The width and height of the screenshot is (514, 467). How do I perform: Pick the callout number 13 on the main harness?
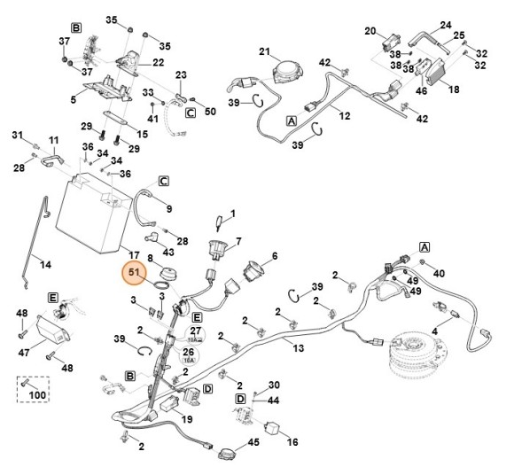(x=299, y=348)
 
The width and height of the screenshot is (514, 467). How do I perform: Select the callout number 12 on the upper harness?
(x=345, y=116)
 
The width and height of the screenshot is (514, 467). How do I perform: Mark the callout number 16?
(x=292, y=440)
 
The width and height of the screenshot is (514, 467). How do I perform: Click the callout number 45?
(x=253, y=443)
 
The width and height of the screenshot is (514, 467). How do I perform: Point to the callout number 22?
(x=159, y=63)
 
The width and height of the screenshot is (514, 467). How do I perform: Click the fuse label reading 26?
(x=188, y=351)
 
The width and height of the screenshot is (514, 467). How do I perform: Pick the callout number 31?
(x=16, y=135)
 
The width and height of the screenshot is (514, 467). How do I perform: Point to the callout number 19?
(x=187, y=419)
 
